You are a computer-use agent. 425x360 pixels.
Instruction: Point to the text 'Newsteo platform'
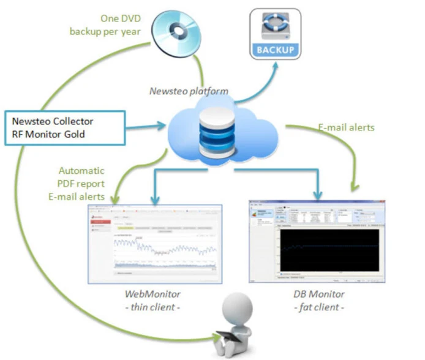[189, 91]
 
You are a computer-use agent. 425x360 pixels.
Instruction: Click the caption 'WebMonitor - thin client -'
[151, 300]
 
